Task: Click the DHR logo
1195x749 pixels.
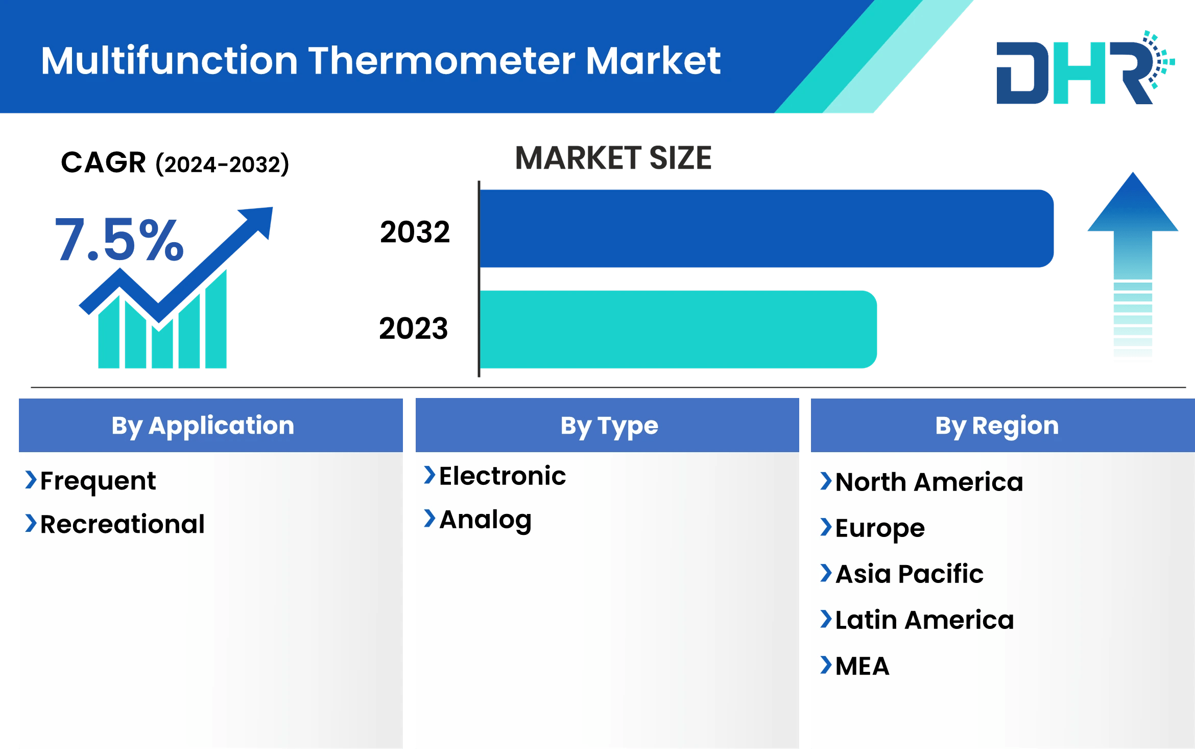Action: pyautogui.click(x=1083, y=69)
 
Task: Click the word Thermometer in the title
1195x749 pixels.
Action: pyautogui.click(x=442, y=61)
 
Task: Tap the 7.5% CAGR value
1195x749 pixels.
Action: pyautogui.click(x=118, y=239)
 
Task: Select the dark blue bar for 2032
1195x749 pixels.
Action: pyautogui.click(x=766, y=228)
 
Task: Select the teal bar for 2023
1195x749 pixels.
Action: pyautogui.click(x=678, y=330)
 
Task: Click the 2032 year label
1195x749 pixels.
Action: pyautogui.click(x=417, y=233)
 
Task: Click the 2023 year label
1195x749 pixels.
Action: pyautogui.click(x=413, y=330)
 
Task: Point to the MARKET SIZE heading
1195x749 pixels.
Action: pyautogui.click(x=613, y=158)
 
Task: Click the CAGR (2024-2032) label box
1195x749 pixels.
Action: pyautogui.click(x=189, y=159)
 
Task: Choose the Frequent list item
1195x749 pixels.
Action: pyautogui.click(x=98, y=481)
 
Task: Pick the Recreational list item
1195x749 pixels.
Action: pyautogui.click(x=122, y=524)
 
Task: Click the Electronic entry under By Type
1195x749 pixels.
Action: pyautogui.click(x=502, y=476)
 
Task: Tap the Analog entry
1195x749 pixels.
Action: pyautogui.click(x=485, y=520)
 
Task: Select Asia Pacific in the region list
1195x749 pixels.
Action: pyautogui.click(x=909, y=574)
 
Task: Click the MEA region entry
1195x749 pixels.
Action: pyautogui.click(x=862, y=666)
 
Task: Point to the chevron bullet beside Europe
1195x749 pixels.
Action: pyautogui.click(x=825, y=527)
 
